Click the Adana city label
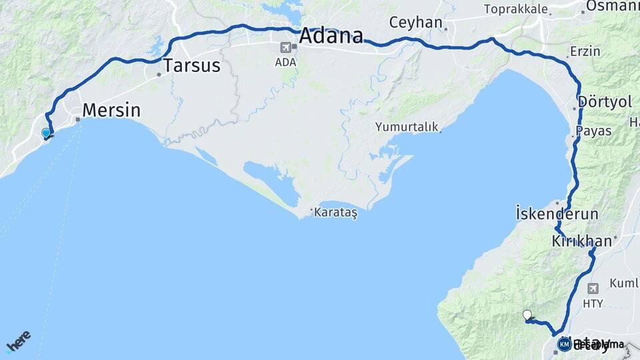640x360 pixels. pyautogui.click(x=331, y=36)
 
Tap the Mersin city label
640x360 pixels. pyautogui.click(x=111, y=110)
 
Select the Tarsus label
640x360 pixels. pyautogui.click(x=192, y=66)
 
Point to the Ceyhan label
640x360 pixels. pyautogui.click(x=416, y=23)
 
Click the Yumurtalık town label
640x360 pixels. pyautogui.click(x=406, y=126)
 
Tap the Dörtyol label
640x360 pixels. pyautogui.click(x=605, y=103)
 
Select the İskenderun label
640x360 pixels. pyautogui.click(x=557, y=214)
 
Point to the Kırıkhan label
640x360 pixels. pyautogui.click(x=581, y=241)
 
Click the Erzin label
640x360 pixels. pyautogui.click(x=585, y=51)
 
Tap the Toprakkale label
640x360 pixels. pyautogui.click(x=516, y=9)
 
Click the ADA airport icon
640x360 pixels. pyautogui.click(x=286, y=47)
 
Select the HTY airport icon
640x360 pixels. pyautogui.click(x=593, y=288)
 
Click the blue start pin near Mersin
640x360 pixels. pyautogui.click(x=46, y=133)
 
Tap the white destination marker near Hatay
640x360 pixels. pyautogui.click(x=527, y=315)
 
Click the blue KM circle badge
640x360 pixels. pyautogui.click(x=564, y=344)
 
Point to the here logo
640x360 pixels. pyautogui.click(x=18, y=341)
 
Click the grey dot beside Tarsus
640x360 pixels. pyautogui.click(x=159, y=75)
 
